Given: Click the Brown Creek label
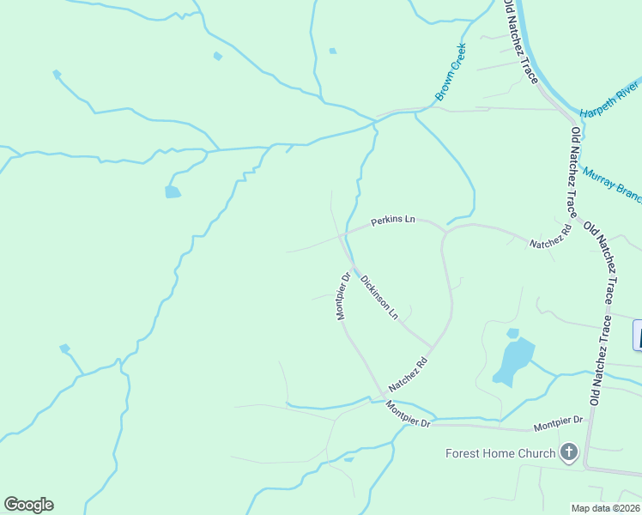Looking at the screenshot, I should point(450,72).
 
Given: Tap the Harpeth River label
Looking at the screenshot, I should point(609,101).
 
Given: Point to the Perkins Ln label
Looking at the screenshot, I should point(392,221).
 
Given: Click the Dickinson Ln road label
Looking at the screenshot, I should point(379,296).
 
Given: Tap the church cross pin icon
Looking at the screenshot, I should point(568,452).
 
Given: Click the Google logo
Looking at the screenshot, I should point(28,505).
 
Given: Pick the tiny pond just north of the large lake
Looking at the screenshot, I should point(512,333).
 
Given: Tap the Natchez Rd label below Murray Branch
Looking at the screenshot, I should point(550,238).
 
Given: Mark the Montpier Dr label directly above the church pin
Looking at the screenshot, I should point(558,422).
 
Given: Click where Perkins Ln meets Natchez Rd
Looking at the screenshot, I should point(445,231).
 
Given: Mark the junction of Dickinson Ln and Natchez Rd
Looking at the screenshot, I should point(432,346).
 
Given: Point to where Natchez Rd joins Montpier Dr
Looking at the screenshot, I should point(383,397).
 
